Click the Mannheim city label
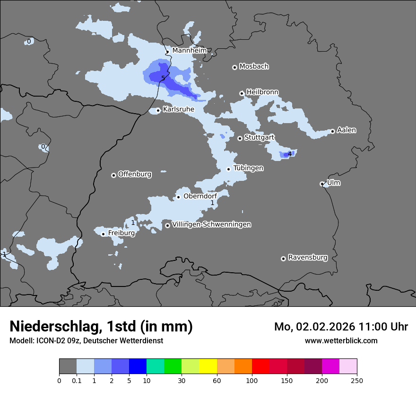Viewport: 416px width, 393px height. (x=190, y=50)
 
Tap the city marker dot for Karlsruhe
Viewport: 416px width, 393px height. (x=158, y=110)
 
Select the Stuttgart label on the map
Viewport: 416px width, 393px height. (x=259, y=137)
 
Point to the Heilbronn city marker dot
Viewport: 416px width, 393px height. (x=242, y=93)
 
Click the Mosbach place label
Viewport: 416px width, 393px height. (x=254, y=66)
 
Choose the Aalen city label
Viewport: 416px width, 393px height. (x=347, y=130)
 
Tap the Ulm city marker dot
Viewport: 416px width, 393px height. (x=322, y=184)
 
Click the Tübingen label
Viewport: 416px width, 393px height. (x=248, y=168)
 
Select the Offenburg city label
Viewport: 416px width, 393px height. (x=135, y=174)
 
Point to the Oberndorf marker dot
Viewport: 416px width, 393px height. (x=178, y=197)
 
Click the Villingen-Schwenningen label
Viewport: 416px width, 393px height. (x=211, y=224)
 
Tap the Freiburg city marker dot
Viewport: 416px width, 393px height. (x=103, y=234)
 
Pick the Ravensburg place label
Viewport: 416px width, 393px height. (x=308, y=258)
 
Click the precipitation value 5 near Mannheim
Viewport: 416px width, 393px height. (x=163, y=78)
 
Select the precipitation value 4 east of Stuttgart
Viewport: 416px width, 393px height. (x=290, y=154)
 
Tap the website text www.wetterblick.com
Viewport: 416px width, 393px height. (x=341, y=340)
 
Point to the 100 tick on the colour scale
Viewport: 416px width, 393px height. (x=252, y=380)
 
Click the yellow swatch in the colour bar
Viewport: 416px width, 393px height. (x=208, y=366)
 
